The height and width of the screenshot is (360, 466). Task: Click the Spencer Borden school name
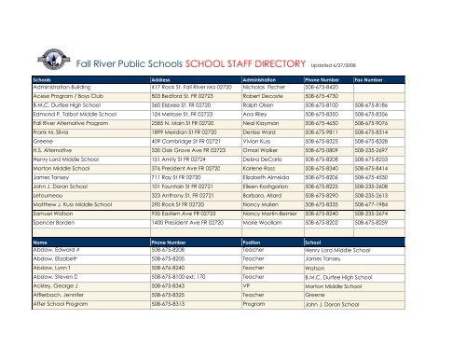coord(56,251)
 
